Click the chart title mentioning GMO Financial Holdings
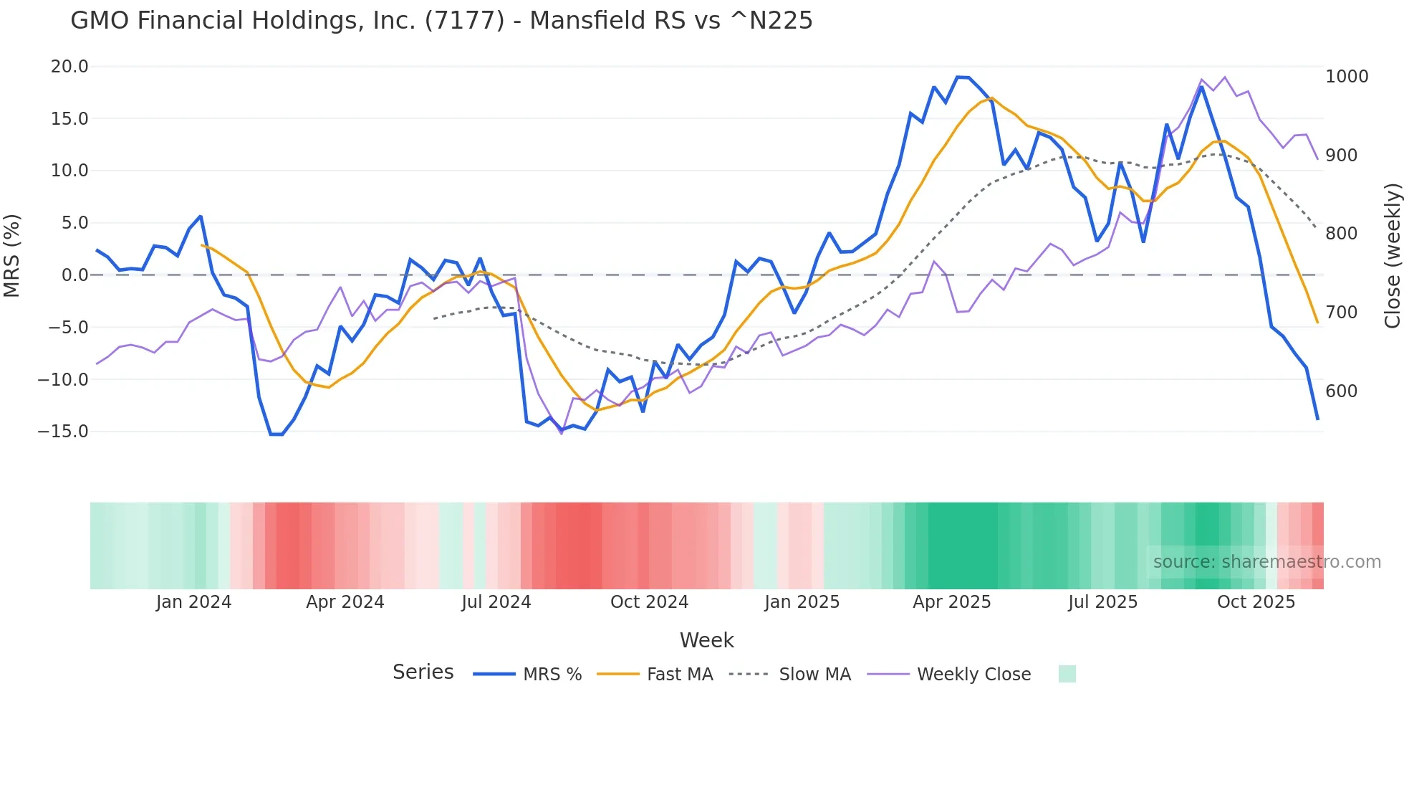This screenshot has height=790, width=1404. (x=441, y=20)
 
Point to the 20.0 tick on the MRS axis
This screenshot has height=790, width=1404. (x=69, y=67)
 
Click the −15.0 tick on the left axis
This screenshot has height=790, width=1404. (x=63, y=432)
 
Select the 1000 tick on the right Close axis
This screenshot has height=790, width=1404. (x=1347, y=77)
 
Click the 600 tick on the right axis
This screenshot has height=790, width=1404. (x=1342, y=391)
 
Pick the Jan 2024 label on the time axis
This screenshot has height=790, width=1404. (x=193, y=602)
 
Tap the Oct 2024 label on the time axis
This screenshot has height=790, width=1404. (x=649, y=602)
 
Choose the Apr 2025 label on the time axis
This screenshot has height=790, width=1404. (x=951, y=602)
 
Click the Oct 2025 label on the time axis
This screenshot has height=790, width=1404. (x=1256, y=602)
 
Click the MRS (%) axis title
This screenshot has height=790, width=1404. (x=12, y=256)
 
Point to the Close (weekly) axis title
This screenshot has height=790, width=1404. (x=1392, y=256)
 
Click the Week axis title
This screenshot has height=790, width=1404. (x=706, y=640)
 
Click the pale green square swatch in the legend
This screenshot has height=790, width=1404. (x=1067, y=674)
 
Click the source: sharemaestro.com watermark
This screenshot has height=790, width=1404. (x=1266, y=562)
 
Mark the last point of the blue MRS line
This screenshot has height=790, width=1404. (x=1317, y=419)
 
